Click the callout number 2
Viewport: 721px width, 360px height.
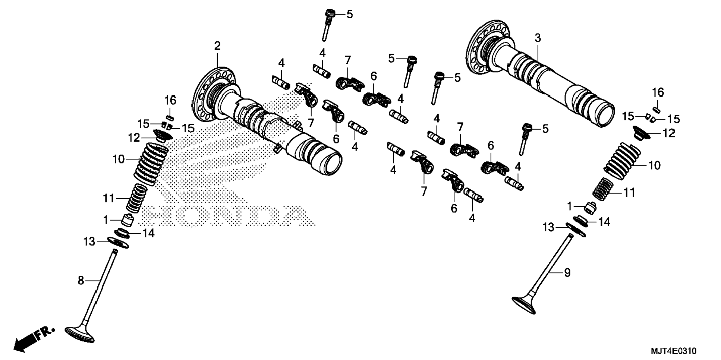pyautogui.click(x=217, y=46)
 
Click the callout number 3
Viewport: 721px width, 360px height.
pyautogui.click(x=537, y=38)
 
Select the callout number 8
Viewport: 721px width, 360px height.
pyautogui.click(x=81, y=280)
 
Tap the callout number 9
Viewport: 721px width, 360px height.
pyautogui.click(x=567, y=273)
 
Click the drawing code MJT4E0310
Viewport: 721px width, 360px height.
pyautogui.click(x=673, y=351)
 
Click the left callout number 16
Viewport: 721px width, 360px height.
pyautogui.click(x=170, y=100)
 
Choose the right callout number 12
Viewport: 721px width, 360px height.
pyautogui.click(x=669, y=133)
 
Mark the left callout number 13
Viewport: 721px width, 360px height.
pyautogui.click(x=89, y=242)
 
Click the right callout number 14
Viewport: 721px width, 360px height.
pyautogui.click(x=604, y=222)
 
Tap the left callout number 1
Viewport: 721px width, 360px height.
pyautogui.click(x=106, y=220)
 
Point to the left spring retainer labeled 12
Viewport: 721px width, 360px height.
pyautogui.click(x=163, y=135)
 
